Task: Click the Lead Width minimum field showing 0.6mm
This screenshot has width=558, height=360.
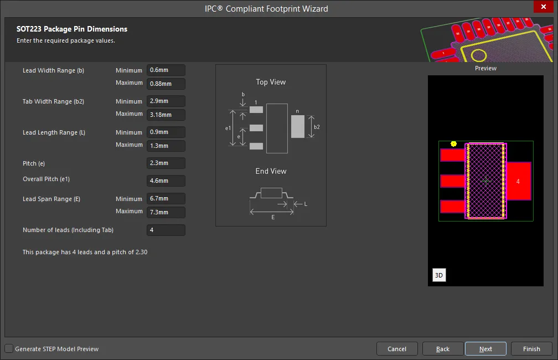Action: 166,70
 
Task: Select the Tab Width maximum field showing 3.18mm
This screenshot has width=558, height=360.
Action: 166,115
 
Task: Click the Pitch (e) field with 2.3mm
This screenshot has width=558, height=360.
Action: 166,163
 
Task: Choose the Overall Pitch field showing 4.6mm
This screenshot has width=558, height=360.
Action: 166,181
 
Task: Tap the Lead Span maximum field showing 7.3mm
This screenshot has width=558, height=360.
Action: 166,212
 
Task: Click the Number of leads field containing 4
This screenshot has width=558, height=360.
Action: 166,230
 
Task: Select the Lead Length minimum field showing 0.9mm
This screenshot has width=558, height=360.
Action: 166,132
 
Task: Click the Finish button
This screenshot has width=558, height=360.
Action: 531,349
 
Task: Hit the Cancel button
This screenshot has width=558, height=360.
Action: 397,349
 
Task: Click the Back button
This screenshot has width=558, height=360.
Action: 443,349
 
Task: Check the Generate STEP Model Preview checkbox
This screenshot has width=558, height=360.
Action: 9,348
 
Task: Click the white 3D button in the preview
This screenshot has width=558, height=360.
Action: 439,275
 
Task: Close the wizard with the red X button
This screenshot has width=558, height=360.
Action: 544,7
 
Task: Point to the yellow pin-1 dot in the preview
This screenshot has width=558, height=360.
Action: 453,144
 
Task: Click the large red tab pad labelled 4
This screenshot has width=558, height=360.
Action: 519,181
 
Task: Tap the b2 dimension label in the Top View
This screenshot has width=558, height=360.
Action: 317,127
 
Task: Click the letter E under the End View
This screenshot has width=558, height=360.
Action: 273,217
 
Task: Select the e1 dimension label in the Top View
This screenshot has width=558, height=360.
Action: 228,128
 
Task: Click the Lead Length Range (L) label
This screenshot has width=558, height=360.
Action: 54,132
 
